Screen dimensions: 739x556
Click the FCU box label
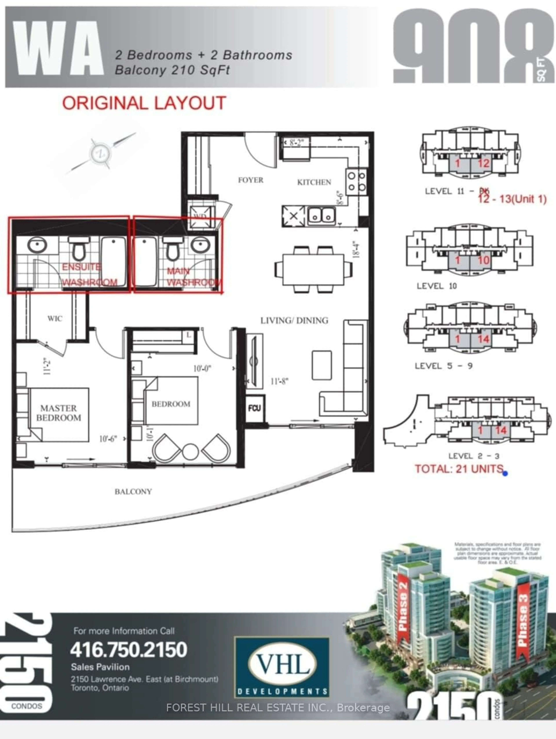point(254,408)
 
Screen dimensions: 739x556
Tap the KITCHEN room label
point(314,182)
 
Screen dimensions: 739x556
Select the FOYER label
point(250,180)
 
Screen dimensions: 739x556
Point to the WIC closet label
point(55,318)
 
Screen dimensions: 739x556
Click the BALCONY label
point(133,492)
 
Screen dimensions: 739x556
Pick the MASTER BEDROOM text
point(59,413)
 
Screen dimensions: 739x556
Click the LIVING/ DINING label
point(294,320)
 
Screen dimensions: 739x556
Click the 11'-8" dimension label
point(279,381)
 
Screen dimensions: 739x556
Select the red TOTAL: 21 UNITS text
point(459,469)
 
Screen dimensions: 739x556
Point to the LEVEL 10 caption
point(436,286)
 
